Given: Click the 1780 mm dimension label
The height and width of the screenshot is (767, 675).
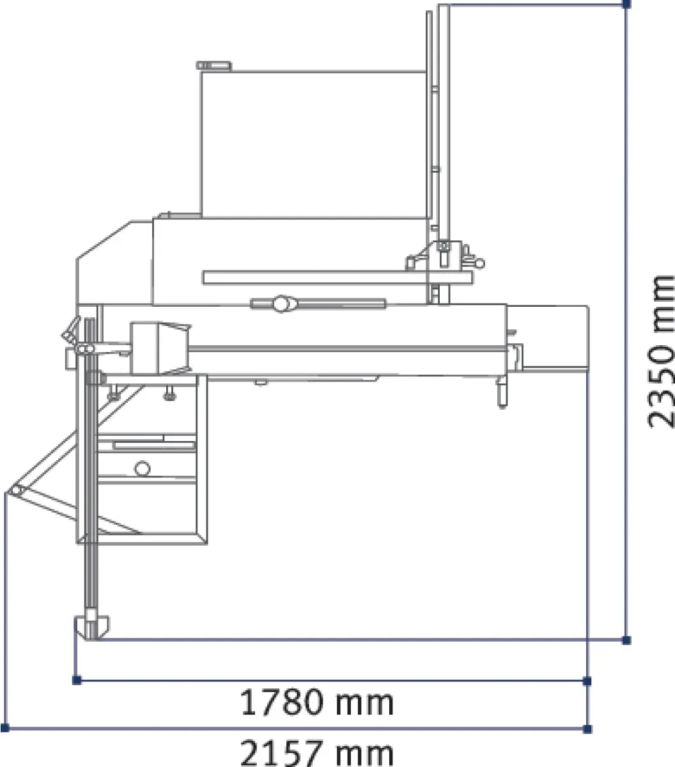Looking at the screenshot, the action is tap(317, 702).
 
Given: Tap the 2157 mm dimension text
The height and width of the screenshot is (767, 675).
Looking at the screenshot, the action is tap(317, 754).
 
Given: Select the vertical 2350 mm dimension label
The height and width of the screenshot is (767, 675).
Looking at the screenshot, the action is tap(661, 352).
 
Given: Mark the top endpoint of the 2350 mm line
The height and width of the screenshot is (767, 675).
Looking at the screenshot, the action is tap(626, 4).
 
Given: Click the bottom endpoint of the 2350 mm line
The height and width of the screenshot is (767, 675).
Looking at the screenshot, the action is tap(626, 640).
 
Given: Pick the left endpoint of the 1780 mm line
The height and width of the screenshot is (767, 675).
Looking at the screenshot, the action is tap(77, 680).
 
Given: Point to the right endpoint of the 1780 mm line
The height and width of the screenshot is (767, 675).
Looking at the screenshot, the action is tap(587, 681).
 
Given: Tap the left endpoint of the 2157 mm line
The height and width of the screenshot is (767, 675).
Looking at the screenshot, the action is tap(4, 727).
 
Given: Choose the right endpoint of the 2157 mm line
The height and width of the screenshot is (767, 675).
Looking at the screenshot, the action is tap(587, 729).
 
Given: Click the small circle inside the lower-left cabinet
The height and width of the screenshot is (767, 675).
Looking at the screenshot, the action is tap(143, 469).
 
